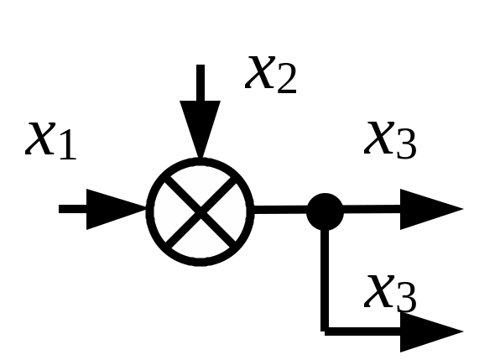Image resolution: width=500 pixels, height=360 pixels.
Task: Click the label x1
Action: tap(51, 141)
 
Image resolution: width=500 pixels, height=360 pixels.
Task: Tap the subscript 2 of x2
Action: tap(287, 78)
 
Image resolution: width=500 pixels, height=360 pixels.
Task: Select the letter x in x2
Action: tap(260, 72)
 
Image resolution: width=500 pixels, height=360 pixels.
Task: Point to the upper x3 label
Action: tap(390, 140)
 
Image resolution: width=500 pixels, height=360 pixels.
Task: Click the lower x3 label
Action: tap(390, 294)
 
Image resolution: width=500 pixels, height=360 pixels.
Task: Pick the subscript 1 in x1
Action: tap(67, 144)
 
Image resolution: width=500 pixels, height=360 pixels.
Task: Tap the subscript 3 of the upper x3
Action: tap(407, 143)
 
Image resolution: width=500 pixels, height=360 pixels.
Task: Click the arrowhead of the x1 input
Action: tap(117, 209)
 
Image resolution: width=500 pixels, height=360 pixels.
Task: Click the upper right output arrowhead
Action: tap(431, 209)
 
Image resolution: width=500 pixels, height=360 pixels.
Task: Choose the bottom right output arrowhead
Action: tap(431, 332)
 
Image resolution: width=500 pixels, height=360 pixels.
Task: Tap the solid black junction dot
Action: tap(325, 211)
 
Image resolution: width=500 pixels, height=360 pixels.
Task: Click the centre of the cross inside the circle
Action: tap(201, 211)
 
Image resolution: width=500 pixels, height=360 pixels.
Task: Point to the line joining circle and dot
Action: tap(280, 210)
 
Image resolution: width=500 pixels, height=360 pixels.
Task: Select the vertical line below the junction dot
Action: tap(325, 280)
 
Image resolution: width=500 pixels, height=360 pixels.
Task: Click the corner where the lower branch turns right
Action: tap(325, 331)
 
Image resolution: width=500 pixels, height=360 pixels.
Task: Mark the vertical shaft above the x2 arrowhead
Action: tap(201, 82)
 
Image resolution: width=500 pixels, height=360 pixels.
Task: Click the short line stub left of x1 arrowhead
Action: tap(73, 209)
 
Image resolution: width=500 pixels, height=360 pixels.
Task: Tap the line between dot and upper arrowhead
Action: tap(372, 209)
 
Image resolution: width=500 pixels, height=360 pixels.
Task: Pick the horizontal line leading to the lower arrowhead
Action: tap(362, 331)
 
